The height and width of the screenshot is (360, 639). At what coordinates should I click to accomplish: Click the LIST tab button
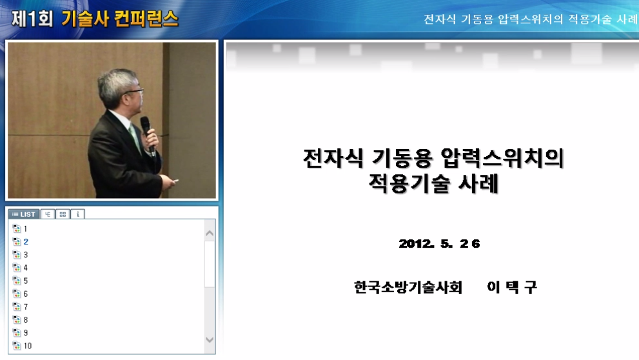23,214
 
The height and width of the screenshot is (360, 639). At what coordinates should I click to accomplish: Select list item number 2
26,242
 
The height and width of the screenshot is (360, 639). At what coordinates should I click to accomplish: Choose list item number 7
26,307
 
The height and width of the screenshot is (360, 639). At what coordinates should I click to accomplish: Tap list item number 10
28,346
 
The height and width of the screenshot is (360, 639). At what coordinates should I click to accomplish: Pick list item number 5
26,281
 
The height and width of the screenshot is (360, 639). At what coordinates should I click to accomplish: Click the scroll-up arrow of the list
210,233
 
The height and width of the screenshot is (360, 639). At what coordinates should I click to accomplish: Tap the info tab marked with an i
77,214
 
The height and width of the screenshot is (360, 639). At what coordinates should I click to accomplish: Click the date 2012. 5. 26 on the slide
439,244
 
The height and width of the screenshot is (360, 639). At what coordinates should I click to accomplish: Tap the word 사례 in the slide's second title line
477,184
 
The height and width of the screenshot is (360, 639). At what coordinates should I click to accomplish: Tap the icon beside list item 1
17,229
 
